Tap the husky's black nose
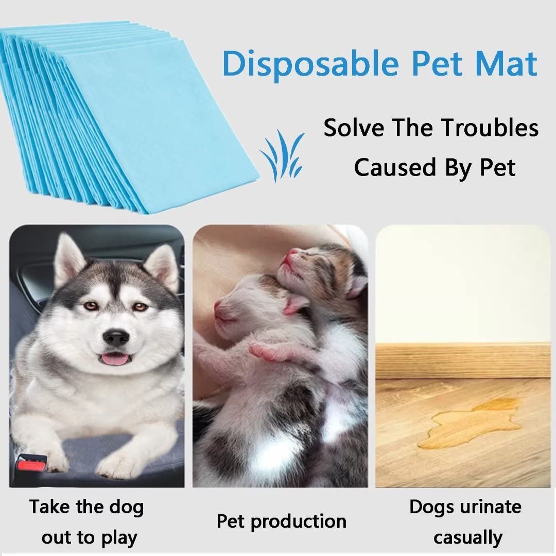coord(115,337)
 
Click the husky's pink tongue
coord(115,359)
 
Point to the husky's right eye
coord(91,306)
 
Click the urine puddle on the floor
coord(463,427)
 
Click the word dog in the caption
coord(126,507)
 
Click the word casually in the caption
coord(467,537)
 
